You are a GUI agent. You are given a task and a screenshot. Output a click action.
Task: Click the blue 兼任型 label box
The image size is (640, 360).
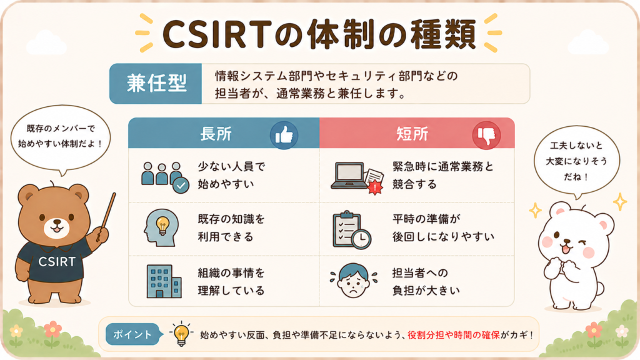(x=156, y=84)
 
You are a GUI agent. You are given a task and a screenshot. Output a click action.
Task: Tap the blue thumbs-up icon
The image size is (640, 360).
(x=284, y=135)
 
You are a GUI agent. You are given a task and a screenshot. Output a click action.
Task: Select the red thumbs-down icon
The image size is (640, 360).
(x=486, y=135)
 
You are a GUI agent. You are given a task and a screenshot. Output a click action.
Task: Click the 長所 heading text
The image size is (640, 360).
(x=216, y=134)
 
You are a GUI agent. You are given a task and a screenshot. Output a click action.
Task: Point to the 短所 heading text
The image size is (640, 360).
(x=412, y=134)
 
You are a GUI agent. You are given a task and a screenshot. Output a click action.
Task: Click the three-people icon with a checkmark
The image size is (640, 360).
(x=165, y=177)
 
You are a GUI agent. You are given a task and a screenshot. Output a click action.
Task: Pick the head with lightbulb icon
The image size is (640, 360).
(x=161, y=227)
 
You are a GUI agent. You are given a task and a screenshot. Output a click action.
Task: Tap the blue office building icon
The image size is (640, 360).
(x=164, y=281)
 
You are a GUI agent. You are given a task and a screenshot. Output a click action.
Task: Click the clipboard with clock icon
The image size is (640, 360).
(x=351, y=230)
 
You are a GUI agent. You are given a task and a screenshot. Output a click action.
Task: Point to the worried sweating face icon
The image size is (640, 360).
(x=354, y=281)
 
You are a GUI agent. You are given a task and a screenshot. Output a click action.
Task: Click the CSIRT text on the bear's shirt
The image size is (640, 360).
(x=57, y=262)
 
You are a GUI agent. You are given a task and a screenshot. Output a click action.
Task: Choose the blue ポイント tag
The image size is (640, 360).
(x=132, y=334)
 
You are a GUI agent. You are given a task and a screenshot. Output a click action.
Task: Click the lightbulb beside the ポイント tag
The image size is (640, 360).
(x=181, y=334)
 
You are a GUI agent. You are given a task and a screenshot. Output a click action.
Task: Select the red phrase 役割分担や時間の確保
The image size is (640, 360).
(x=454, y=335)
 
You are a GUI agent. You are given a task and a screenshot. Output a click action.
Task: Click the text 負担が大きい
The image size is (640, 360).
(x=426, y=291)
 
